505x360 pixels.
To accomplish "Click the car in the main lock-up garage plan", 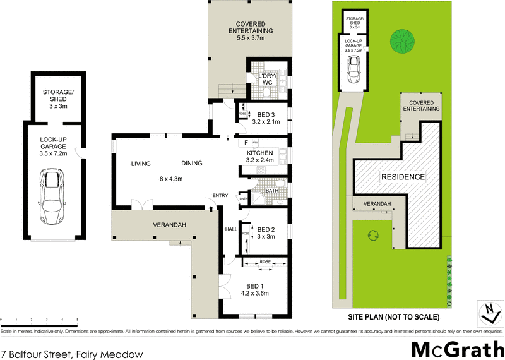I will [x=52, y=196].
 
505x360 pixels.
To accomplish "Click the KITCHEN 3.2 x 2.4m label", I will [x=259, y=157].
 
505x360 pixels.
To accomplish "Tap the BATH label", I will [x=272, y=190].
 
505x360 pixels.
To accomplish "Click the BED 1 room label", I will [x=257, y=289].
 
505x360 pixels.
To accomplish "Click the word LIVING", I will [x=141, y=164].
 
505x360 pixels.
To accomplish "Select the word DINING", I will [x=191, y=164].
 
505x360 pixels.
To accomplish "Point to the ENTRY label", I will [x=220, y=195].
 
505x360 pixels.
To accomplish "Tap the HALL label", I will [x=230, y=229].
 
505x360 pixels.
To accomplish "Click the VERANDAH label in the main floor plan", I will [x=169, y=225].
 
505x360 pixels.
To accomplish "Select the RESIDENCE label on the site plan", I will [x=402, y=177].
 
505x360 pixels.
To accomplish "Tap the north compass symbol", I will [x=487, y=311].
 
